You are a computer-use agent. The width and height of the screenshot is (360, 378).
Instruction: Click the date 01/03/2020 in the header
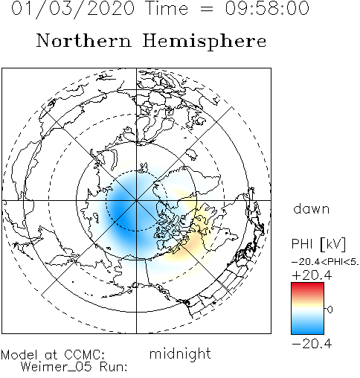(73, 9)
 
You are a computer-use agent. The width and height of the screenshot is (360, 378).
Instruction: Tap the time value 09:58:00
(267, 8)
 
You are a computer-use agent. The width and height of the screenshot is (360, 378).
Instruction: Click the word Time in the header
(167, 8)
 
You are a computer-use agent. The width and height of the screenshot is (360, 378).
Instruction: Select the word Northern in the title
(84, 40)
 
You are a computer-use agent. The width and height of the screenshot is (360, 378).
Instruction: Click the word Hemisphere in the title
(205, 42)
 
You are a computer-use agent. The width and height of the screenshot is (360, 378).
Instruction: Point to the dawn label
(312, 208)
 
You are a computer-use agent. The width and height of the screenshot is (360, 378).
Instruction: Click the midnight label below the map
(180, 353)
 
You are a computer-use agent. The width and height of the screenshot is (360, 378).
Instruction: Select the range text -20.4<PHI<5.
(325, 262)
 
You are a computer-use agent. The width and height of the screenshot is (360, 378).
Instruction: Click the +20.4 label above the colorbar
(312, 275)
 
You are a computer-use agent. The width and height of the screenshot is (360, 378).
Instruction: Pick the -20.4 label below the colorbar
(312, 344)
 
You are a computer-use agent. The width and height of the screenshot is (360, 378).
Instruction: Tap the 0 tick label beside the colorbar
(330, 310)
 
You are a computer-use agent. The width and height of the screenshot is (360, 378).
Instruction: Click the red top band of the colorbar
(307, 288)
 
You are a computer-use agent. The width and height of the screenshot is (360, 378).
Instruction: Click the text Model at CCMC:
(53, 355)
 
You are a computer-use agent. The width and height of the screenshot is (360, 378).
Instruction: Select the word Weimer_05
(57, 367)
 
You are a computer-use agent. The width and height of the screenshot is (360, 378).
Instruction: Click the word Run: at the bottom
(113, 367)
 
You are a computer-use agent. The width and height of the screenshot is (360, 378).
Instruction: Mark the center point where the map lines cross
(136, 200)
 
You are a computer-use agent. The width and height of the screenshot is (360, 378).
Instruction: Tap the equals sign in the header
(206, 9)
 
